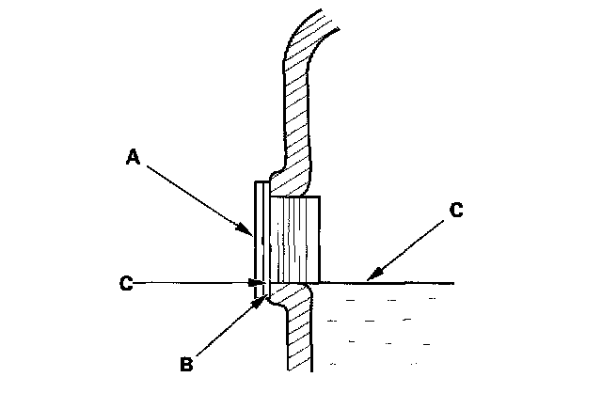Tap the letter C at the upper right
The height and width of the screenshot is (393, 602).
tap(455, 211)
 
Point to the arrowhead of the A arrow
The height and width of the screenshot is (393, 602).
tap(250, 232)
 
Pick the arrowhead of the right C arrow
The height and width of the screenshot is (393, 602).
tap(370, 279)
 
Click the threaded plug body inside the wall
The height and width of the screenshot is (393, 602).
tap(295, 240)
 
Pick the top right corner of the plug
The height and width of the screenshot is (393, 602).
tap(321, 196)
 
